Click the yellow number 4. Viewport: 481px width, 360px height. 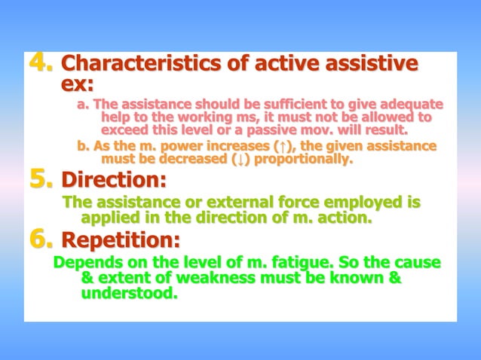pyautogui.click(x=41, y=64)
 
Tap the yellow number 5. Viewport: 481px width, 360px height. pyautogui.click(x=41, y=181)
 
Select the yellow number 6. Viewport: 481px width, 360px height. pyautogui.click(x=41, y=241)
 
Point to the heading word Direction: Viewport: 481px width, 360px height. pyautogui.click(x=113, y=182)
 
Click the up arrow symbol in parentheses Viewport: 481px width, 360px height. pyautogui.click(x=280, y=146)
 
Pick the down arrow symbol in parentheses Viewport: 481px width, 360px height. pyautogui.click(x=240, y=159)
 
